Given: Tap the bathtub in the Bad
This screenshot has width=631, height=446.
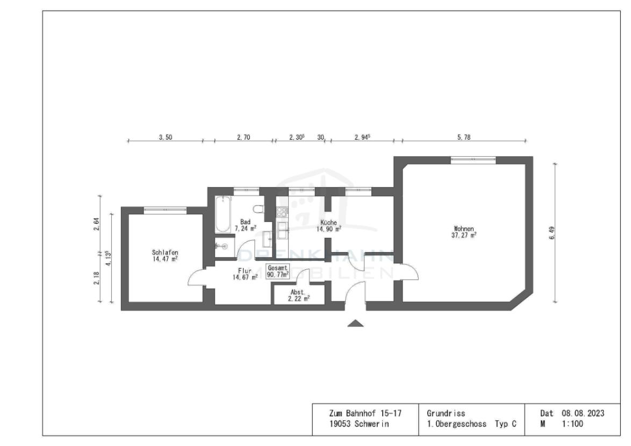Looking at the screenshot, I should tap(223, 214).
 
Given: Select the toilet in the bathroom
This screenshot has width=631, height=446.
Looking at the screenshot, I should tap(259, 210).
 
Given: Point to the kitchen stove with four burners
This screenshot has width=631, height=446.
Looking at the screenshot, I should tap(282, 212).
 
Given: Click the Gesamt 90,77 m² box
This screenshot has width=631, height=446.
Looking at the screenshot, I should tap(278, 270).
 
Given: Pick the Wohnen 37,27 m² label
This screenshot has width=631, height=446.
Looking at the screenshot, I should tap(464, 232).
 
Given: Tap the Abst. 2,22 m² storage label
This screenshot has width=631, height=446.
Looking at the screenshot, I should tap(298, 296).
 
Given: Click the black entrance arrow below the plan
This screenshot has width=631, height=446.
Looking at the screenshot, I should tap(355, 323).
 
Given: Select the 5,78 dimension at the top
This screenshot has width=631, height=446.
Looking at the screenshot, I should tap(463, 138).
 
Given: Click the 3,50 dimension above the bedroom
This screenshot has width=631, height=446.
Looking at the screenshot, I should tap(165, 138).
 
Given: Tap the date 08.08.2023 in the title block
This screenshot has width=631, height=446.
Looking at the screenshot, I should tap(583, 413).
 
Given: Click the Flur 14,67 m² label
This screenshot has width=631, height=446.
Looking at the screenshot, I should tap(245, 274).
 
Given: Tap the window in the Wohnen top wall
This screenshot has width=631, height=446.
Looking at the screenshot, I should tap(472, 159).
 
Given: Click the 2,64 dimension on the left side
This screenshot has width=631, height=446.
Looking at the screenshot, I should tap(97, 224).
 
